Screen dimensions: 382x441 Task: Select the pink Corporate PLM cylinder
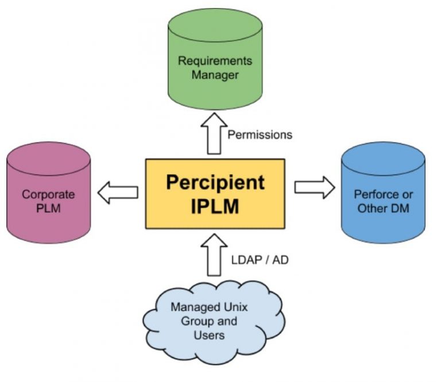(49, 195)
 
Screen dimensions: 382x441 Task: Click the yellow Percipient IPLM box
(215, 194)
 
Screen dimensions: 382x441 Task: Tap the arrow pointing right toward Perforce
(314, 187)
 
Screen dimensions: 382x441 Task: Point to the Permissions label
(260, 135)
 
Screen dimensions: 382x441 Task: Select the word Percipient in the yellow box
(215, 183)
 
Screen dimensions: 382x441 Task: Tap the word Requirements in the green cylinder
(215, 61)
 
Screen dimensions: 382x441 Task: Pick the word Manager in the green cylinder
(215, 75)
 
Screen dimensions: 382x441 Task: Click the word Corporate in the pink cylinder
(49, 194)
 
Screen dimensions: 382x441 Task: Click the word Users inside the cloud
(208, 334)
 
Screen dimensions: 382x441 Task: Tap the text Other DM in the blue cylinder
(383, 208)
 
